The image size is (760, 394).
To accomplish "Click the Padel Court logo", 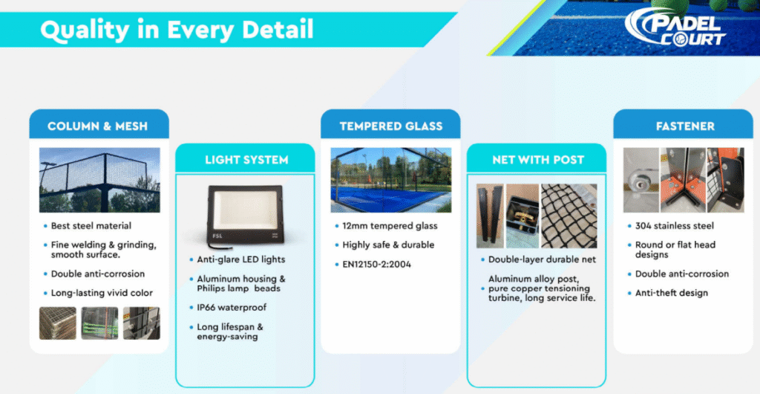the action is pos(675,28).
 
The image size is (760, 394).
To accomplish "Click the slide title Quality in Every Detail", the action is pos(177,30).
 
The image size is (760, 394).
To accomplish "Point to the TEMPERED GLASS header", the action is pos(390,126).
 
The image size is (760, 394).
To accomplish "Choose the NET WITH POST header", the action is pos(537,160).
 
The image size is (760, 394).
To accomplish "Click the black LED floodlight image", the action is pos(245,214).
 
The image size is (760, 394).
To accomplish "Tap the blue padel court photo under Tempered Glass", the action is pos(390,180).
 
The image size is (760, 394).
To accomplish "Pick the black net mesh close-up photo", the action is pos(569,216).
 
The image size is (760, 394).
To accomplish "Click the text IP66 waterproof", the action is pos(232,307).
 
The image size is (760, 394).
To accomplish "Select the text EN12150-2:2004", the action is pos(376,265).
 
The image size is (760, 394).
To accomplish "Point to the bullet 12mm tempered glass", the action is pos(390,226).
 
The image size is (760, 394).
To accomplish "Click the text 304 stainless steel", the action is pos(674,226).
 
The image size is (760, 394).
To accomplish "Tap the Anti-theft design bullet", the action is pos(671,293).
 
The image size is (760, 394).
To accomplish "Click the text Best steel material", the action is pos(91,226).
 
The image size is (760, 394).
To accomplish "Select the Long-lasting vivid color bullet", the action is pos(102,293).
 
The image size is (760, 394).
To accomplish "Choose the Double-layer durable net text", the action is pos(542,259).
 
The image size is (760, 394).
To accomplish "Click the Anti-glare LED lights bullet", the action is pos(241,259).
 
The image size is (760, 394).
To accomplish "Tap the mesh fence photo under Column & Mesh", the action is pos(99,180).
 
